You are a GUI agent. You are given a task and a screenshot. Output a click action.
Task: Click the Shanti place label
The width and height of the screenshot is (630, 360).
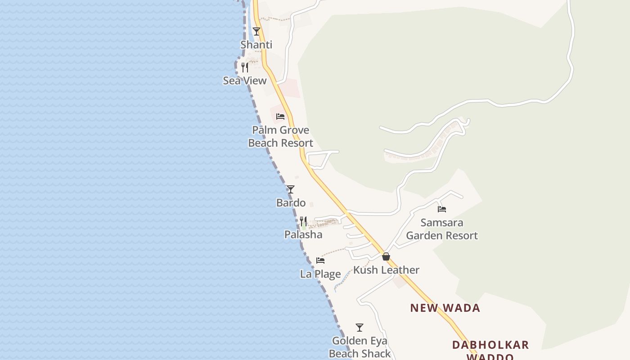click(256, 45)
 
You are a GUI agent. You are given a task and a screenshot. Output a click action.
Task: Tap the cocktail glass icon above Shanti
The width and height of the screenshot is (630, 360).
click(256, 31)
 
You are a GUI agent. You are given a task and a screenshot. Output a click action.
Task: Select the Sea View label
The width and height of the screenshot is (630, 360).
click(245, 81)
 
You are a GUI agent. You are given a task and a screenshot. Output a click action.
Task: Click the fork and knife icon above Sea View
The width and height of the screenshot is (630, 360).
click(245, 67)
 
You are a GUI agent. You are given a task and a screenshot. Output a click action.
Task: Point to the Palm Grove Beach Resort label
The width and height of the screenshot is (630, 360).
click(280, 136)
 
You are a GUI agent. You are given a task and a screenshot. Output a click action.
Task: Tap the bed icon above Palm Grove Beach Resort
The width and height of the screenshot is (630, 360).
click(280, 117)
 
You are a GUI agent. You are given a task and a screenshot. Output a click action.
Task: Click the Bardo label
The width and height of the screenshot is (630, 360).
click(291, 203)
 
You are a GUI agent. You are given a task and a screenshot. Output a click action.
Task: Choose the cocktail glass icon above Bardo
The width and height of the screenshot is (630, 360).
click(291, 189)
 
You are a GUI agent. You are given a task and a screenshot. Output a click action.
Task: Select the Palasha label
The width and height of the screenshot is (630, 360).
click(303, 234)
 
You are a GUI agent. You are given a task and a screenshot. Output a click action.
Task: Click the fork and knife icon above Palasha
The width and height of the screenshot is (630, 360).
click(303, 221)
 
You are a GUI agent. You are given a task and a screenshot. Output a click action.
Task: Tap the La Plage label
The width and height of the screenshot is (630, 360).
click(320, 274)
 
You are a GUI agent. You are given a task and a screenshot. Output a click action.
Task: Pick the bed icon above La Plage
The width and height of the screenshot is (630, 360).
click(320, 261)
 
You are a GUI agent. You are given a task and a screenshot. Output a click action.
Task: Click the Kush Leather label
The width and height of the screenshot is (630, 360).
click(386, 270)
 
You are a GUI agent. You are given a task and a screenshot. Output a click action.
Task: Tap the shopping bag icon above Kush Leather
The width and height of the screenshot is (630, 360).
click(386, 256)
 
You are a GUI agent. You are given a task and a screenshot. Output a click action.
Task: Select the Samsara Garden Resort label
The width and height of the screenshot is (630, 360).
click(442, 229)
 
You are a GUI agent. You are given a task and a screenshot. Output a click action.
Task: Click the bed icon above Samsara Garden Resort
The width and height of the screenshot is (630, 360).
click(442, 209)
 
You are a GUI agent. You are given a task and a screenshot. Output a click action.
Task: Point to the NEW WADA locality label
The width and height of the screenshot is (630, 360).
click(445, 308)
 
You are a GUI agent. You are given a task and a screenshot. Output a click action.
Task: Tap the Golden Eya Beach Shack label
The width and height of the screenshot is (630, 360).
click(360, 347)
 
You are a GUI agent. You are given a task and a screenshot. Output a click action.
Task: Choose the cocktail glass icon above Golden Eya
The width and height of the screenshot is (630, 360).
click(360, 328)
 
